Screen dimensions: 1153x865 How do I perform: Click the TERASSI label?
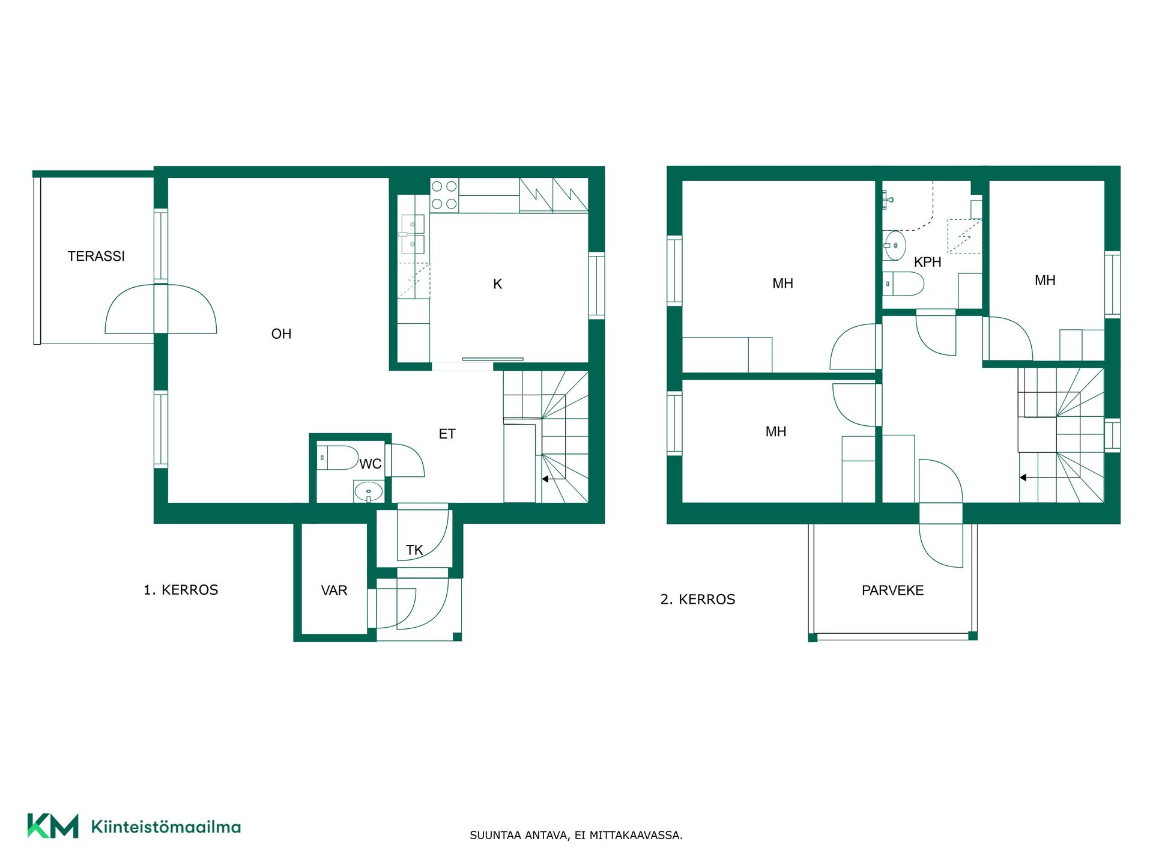coord(96,256)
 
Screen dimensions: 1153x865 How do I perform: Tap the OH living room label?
coord(281,334)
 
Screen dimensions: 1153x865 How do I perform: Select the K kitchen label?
coord(497,284)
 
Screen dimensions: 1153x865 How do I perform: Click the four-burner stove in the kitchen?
coord(444,195)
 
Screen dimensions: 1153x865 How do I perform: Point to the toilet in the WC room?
coord(337,458)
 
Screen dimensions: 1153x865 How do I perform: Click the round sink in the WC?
coord(368,491)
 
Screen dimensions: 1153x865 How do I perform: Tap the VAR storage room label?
coord(334,590)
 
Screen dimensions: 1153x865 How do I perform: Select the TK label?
coord(414,550)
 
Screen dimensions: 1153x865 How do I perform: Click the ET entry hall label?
coord(447,434)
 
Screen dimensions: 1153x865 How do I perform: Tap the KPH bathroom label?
coord(927,263)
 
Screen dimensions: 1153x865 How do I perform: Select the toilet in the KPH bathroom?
coord(903,284)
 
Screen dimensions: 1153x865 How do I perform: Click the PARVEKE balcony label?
coord(892,590)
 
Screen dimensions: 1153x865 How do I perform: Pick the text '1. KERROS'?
coord(181,590)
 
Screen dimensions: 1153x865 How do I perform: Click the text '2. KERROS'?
coord(698,599)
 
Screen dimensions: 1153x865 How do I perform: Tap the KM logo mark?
coord(53,826)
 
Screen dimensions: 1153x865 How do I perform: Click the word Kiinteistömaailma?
coord(166,827)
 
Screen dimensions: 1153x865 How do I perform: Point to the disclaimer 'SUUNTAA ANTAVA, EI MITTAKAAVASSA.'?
coord(576,835)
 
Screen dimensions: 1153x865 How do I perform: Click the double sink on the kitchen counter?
coord(413,234)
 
